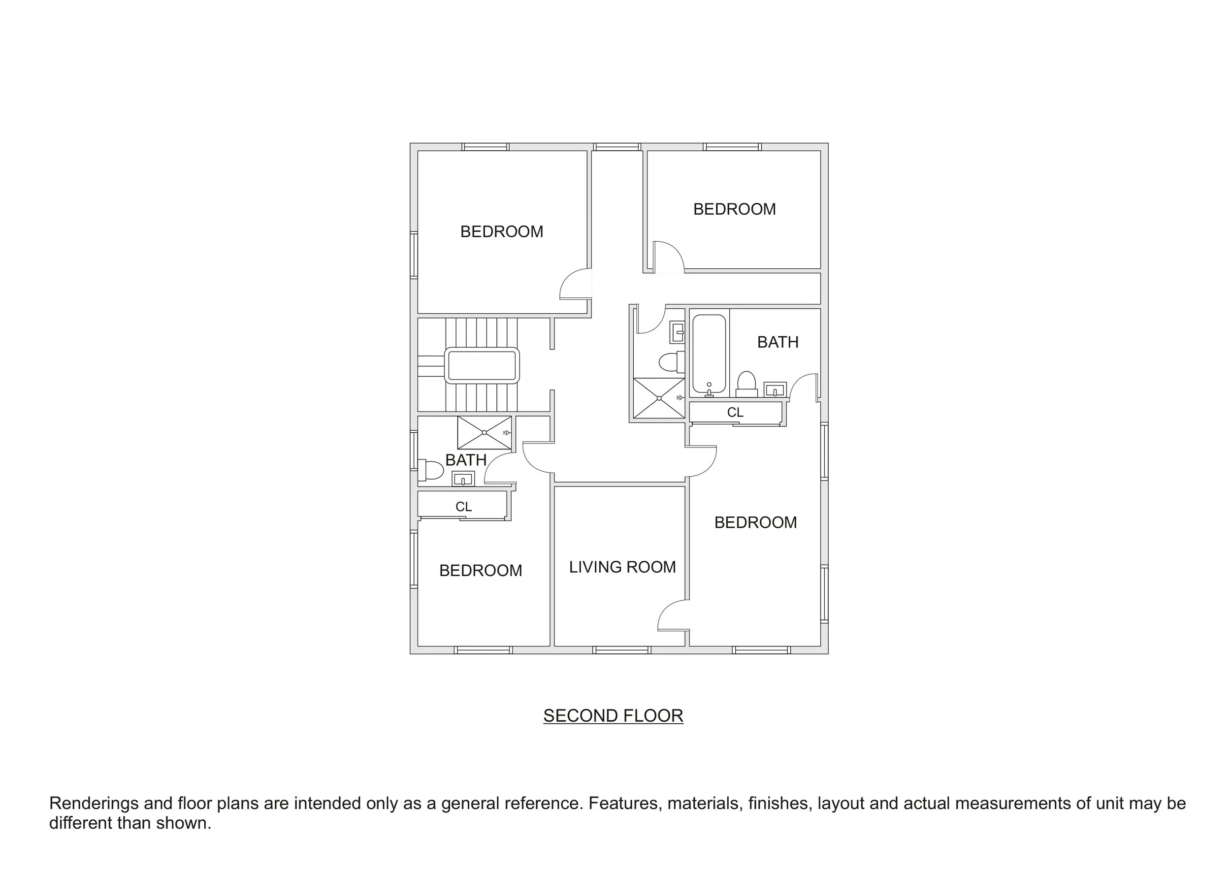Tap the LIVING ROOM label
click(622, 567)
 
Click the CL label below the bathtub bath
click(735, 412)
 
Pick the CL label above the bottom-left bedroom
click(463, 507)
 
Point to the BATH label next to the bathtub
click(777, 342)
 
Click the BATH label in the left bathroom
click(465, 460)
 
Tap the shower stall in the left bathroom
click(484, 433)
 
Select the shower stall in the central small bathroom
click(658, 398)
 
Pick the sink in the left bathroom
click(463, 478)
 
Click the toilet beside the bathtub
click(746, 383)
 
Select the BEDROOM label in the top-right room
click(734, 209)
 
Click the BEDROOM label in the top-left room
click(501, 231)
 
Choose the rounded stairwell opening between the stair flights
click(482, 366)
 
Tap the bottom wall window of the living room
click(622, 650)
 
